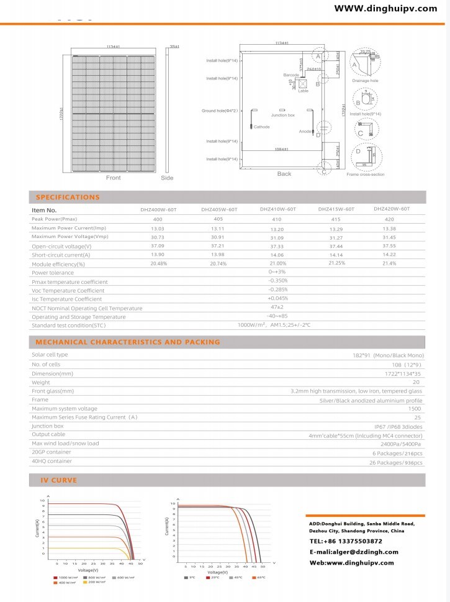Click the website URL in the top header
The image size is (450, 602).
(x=385, y=9)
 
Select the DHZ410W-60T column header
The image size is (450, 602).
(x=277, y=209)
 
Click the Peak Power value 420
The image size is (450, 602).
(x=389, y=219)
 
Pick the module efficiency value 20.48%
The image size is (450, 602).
(x=159, y=263)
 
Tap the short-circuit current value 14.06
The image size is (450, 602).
(x=277, y=255)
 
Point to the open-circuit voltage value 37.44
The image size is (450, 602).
(x=336, y=246)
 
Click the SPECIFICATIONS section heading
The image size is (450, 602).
(x=68, y=198)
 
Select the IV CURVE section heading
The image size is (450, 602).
(x=58, y=481)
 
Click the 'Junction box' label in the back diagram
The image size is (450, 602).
(x=282, y=116)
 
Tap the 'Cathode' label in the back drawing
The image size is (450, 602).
(x=262, y=127)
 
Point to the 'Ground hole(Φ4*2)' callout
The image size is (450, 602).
(x=220, y=111)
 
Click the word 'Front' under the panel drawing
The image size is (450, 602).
(x=113, y=178)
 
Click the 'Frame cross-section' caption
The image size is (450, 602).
(x=365, y=175)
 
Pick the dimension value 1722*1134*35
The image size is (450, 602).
(x=403, y=374)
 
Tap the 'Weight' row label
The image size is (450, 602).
(x=40, y=382)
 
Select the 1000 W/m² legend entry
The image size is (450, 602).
(x=66, y=577)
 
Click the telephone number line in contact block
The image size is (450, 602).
(x=346, y=541)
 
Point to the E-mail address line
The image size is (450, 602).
(x=354, y=552)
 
